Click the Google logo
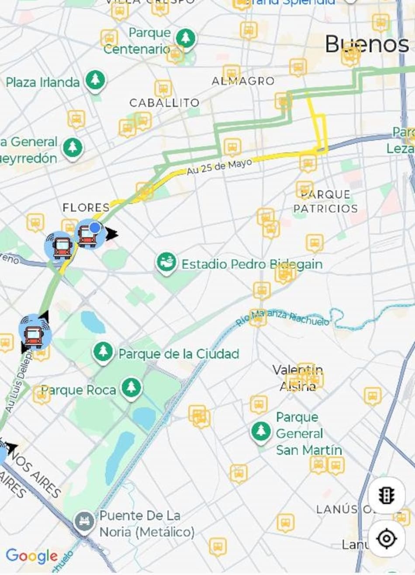tap(31, 556)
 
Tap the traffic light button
tap(386, 495)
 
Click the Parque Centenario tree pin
tap(186, 38)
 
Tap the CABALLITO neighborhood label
tap(164, 103)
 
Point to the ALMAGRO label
tap(243, 81)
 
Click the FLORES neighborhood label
tap(86, 207)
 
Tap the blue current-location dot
tap(95, 227)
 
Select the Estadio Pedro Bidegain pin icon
tap(166, 262)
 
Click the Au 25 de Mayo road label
tap(219, 167)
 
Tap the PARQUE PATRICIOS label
tap(325, 201)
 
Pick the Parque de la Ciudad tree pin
tap(103, 351)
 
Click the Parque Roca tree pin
tap(131, 387)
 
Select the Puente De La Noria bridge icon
tap(84, 522)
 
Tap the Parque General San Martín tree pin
tap(261, 431)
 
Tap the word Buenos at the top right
tap(367, 45)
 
